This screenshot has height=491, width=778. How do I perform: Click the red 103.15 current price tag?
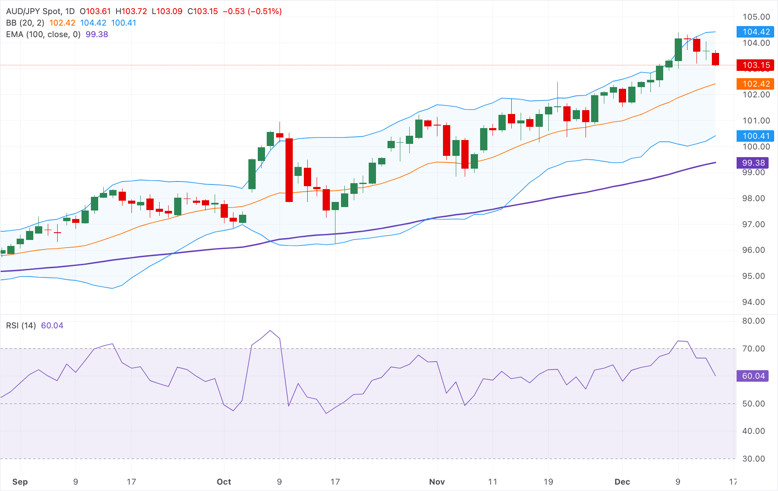tap(756, 65)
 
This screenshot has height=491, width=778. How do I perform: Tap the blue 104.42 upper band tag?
tap(756, 32)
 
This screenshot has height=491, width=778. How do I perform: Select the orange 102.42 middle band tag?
tap(756, 84)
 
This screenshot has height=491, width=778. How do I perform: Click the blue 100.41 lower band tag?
tap(756, 136)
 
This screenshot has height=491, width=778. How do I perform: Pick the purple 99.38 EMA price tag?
tap(753, 163)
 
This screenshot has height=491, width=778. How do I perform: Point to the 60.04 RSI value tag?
tap(753, 376)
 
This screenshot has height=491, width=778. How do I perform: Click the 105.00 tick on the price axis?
tap(756, 17)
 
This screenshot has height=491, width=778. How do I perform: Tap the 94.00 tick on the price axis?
tap(753, 302)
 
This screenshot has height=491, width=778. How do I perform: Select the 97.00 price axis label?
tap(753, 225)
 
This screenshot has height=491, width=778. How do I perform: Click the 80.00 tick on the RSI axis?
tap(753, 321)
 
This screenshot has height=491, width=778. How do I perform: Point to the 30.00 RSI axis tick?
tap(753, 459)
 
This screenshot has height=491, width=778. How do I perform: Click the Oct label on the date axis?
tap(224, 482)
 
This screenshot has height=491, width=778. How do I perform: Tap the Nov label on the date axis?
tap(437, 482)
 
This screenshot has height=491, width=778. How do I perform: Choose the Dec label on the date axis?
tap(622, 482)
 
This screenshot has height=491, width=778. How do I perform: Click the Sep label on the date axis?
tap(20, 482)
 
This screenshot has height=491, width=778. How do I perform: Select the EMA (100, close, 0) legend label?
tap(43, 35)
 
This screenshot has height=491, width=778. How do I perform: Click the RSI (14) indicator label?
tap(21, 326)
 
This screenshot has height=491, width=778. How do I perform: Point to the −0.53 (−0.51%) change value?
tap(252, 12)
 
